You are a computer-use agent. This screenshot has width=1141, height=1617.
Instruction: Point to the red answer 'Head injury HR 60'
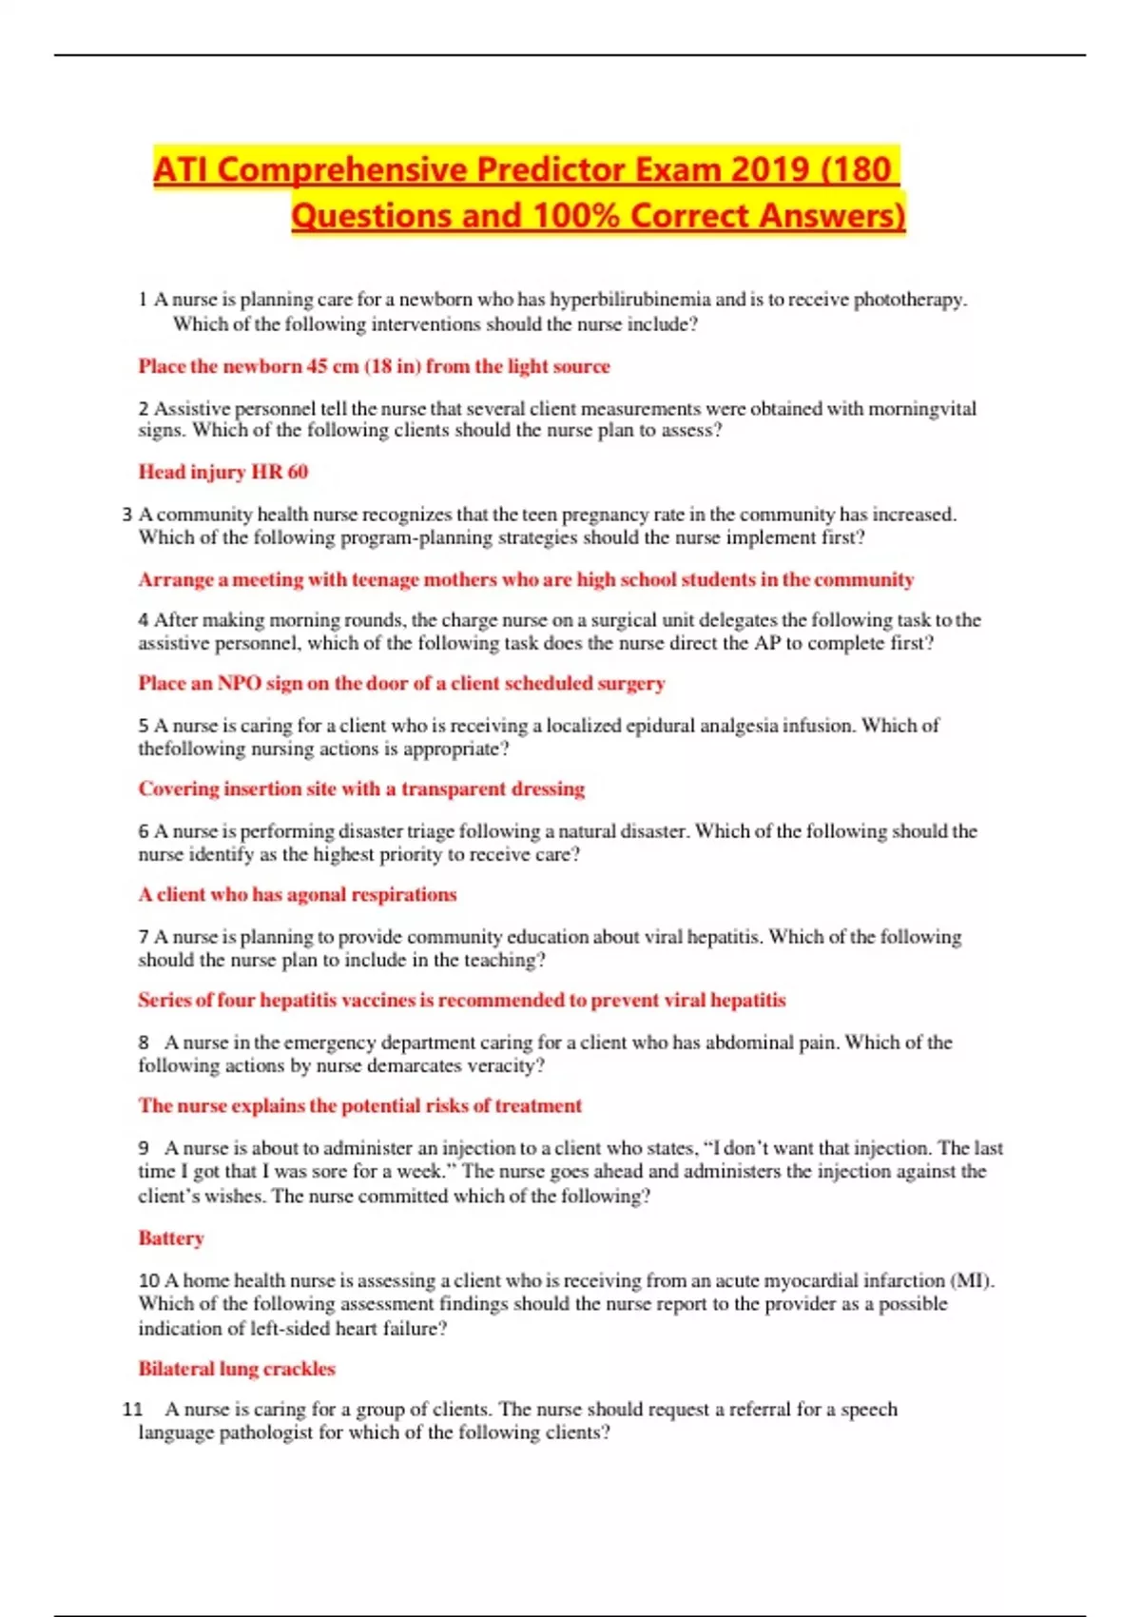point(222,472)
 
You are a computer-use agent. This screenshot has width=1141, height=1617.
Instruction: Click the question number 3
point(127,515)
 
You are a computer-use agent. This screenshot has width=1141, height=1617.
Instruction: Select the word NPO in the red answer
point(239,683)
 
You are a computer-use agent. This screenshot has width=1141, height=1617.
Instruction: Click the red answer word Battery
point(171,1238)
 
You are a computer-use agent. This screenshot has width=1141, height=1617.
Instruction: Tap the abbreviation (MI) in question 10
point(973,1280)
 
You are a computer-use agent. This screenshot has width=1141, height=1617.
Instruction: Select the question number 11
point(132,1410)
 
